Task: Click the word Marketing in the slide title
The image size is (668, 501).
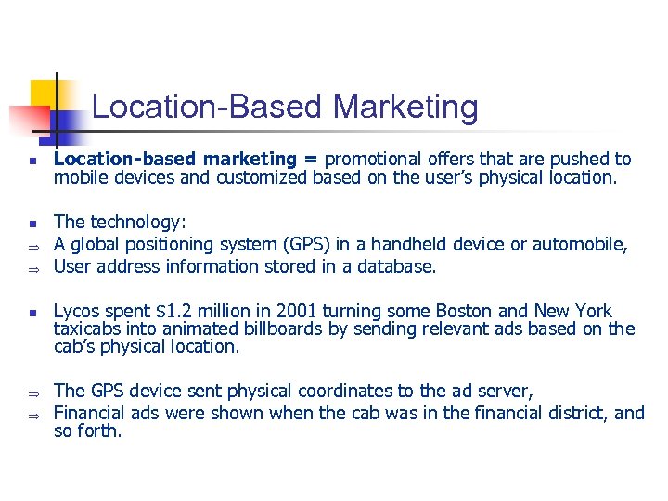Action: [x=405, y=108]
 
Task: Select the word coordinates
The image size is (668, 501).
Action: [x=292, y=392]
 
